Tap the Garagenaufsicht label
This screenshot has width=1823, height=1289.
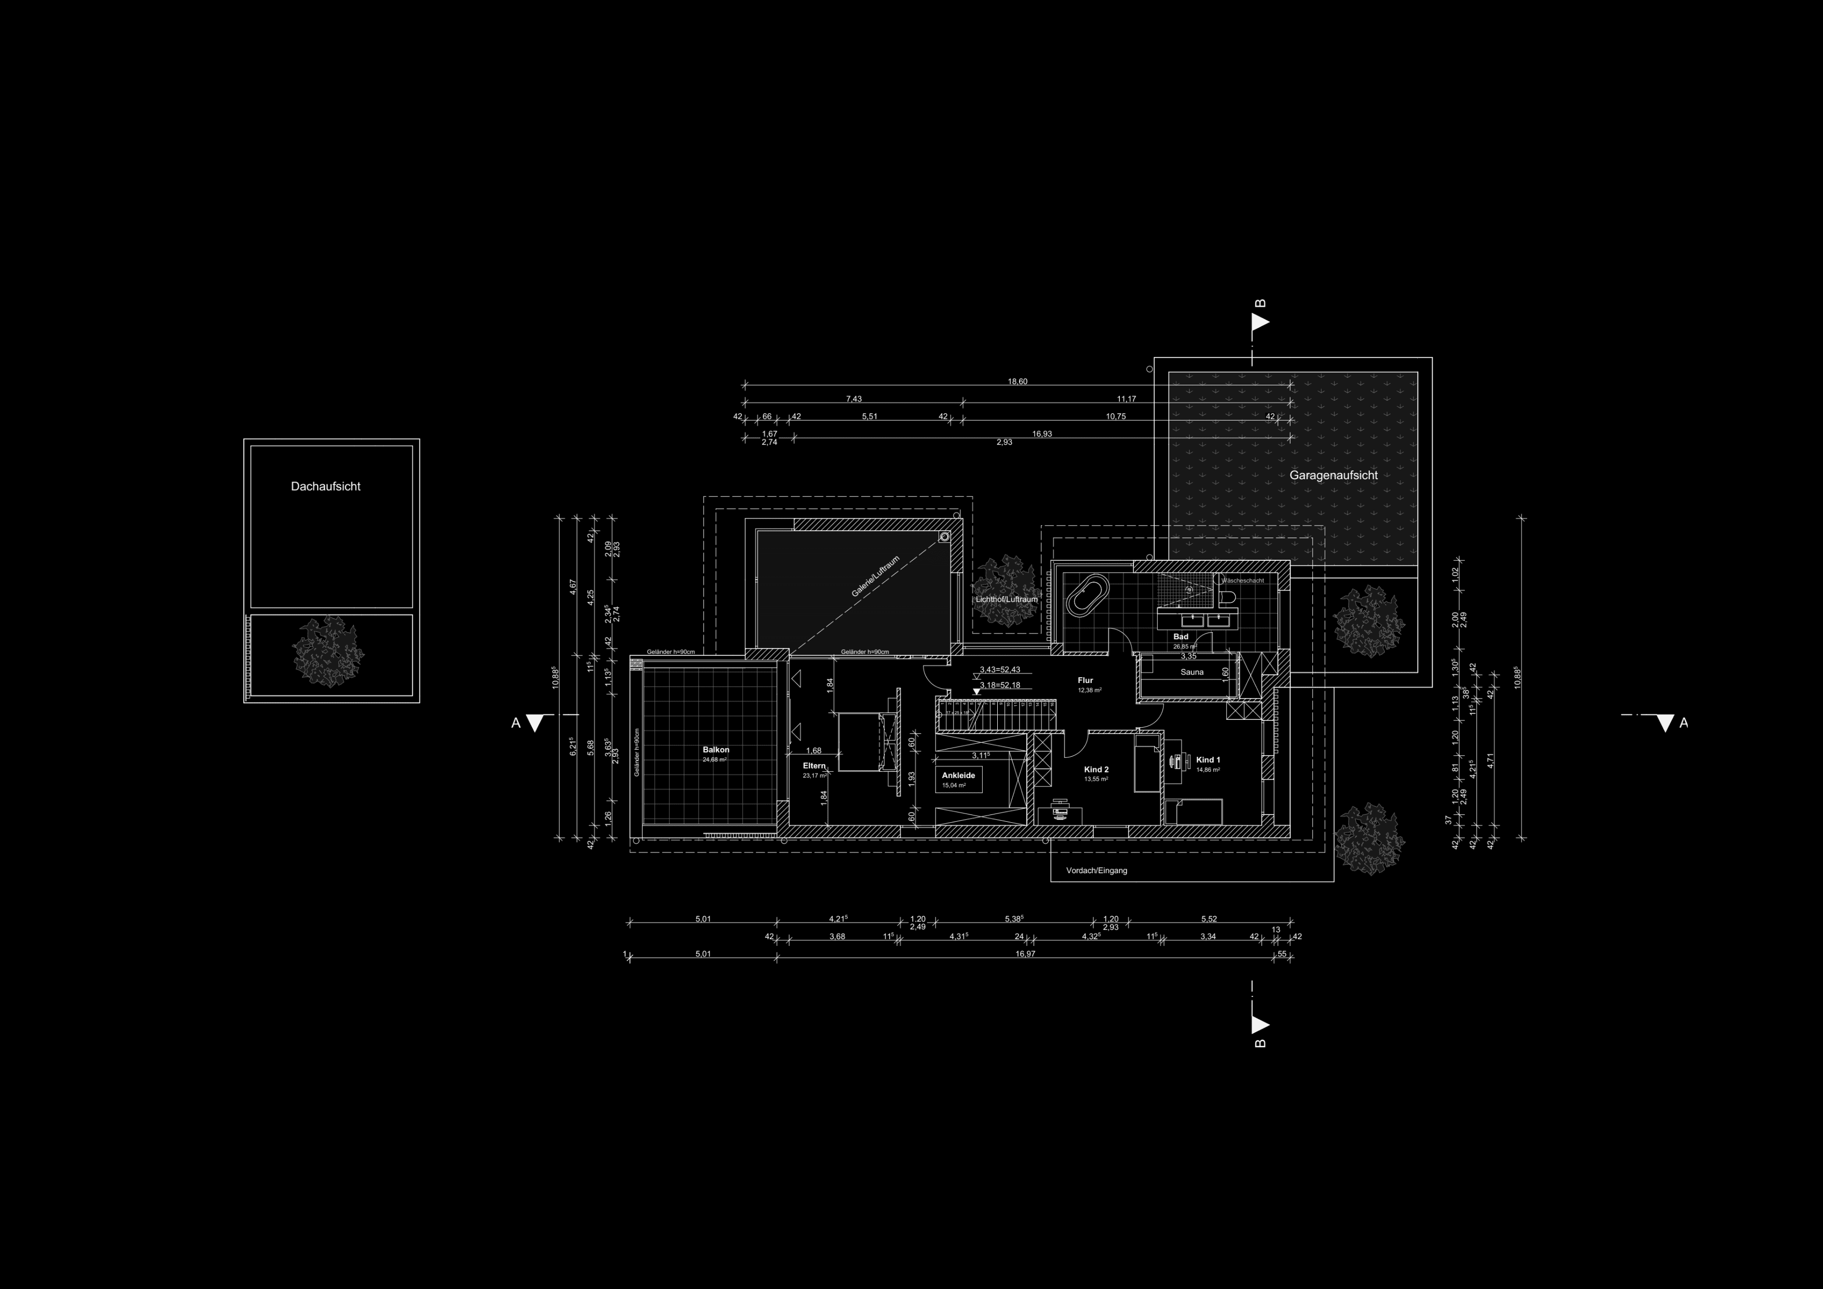1333,476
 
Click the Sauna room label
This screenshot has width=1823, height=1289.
1192,673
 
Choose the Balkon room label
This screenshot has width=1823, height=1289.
716,749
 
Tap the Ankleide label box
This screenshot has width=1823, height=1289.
958,780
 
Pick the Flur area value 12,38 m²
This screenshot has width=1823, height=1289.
1089,691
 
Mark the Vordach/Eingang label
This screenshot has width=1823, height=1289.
1097,871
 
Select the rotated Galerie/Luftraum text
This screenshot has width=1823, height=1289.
875,576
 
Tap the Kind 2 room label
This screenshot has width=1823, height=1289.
1095,770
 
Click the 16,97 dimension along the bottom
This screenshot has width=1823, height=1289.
1025,954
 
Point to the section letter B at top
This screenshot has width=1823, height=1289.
1260,304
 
